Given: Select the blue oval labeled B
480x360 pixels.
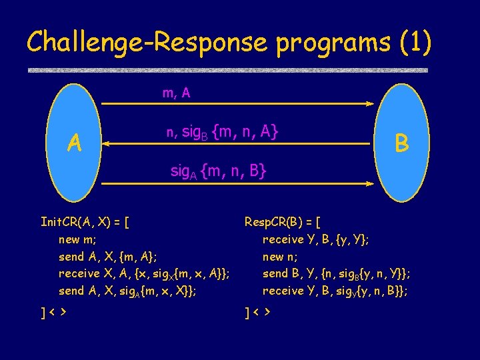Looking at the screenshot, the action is coord(401,142).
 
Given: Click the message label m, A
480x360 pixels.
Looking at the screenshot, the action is coord(177,93).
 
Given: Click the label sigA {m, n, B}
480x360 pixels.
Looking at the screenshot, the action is coord(219,171).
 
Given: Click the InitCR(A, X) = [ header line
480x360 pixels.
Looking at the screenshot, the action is coord(85,222).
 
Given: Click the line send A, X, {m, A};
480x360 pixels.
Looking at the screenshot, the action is coord(108,257).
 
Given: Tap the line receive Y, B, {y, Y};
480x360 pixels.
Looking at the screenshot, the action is coord(316,239).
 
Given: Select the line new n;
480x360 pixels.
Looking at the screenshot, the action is coord(281,257).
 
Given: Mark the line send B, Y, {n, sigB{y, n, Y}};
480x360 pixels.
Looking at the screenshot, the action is coord(336,273).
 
